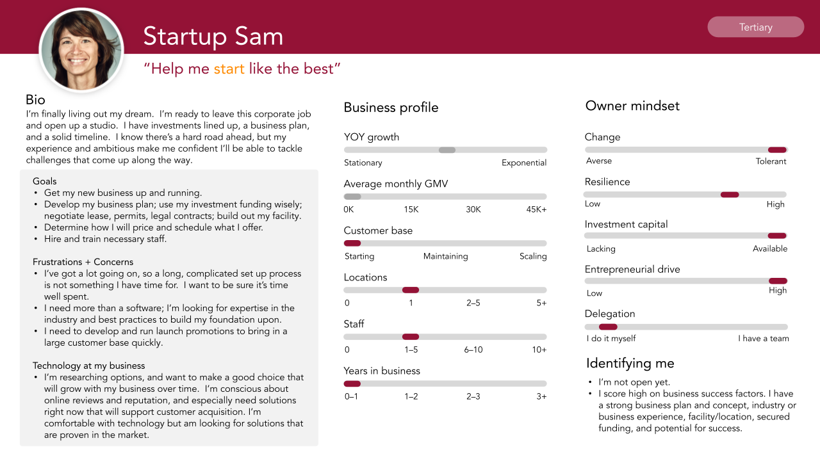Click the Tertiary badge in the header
pos(755,27)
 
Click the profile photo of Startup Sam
pos(81,50)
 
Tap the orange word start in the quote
pos(229,69)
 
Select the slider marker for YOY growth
pos(447,150)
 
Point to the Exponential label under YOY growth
pos(524,163)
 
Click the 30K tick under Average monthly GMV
pos(473,209)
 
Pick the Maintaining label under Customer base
pos(445,256)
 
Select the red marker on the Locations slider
pos(411,290)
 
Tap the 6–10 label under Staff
pos(473,350)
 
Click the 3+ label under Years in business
pos(541,396)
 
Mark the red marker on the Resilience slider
pos(730,195)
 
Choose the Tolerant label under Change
pos(771,161)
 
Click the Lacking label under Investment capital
pos(601,249)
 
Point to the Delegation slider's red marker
pos(608,327)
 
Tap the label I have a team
pos(763,339)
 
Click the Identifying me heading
pos(630,363)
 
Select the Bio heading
pos(35,99)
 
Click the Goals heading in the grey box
pos(44,181)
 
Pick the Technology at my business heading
pos(88,366)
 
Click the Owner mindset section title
pos(632,106)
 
